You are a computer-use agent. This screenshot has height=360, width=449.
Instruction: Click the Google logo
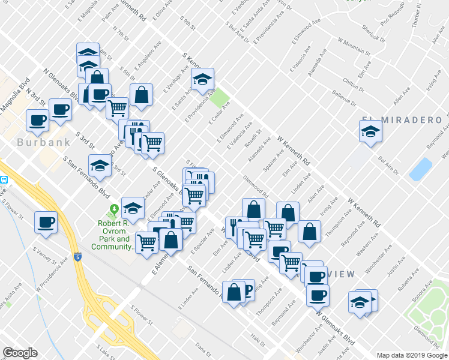20,353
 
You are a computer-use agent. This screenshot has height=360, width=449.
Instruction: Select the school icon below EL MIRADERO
370,131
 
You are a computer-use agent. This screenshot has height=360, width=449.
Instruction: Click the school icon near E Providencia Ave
203,79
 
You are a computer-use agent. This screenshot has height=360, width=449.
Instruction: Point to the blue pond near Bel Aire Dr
420,169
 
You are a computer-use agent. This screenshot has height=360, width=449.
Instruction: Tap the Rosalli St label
255,139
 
